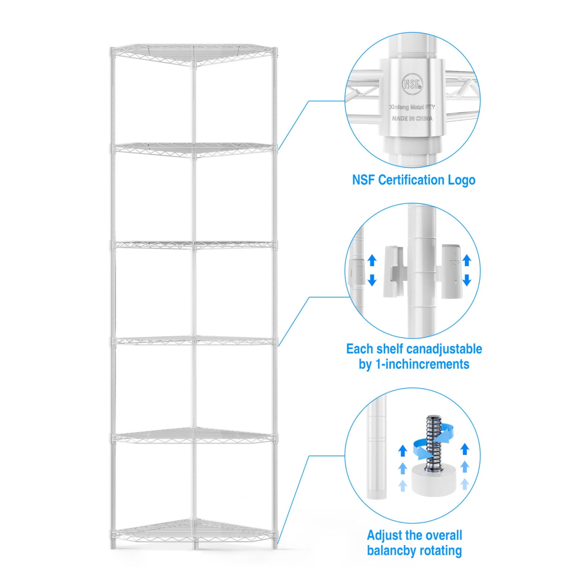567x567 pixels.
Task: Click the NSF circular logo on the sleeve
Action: tap(412, 84)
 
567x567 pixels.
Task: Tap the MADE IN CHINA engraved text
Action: tap(412, 118)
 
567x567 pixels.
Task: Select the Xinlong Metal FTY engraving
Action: tap(412, 107)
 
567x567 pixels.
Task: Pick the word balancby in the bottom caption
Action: tap(391, 551)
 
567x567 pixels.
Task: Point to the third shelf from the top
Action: tap(194, 245)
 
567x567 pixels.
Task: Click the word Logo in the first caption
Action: tap(462, 180)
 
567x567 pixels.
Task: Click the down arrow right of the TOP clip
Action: tap(467, 280)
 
